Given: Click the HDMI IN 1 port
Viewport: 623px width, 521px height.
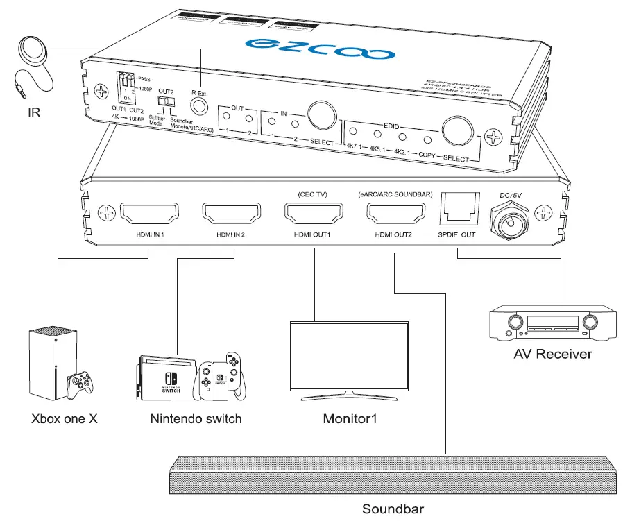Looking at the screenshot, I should (x=150, y=213).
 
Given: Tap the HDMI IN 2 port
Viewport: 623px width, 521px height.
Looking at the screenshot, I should (x=231, y=213).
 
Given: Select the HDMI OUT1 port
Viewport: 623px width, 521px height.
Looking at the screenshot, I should (x=313, y=213).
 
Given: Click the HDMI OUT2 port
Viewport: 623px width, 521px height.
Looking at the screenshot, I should (x=394, y=213).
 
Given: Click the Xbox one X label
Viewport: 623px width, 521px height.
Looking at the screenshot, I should (x=64, y=419).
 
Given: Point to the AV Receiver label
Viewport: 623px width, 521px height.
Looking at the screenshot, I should (x=552, y=354).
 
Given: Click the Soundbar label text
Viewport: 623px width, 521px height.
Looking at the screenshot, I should (x=392, y=509).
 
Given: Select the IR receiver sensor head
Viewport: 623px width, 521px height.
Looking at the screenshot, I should (x=31, y=49).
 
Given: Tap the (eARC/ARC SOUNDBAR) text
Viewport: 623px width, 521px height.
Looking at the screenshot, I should (x=394, y=194).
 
